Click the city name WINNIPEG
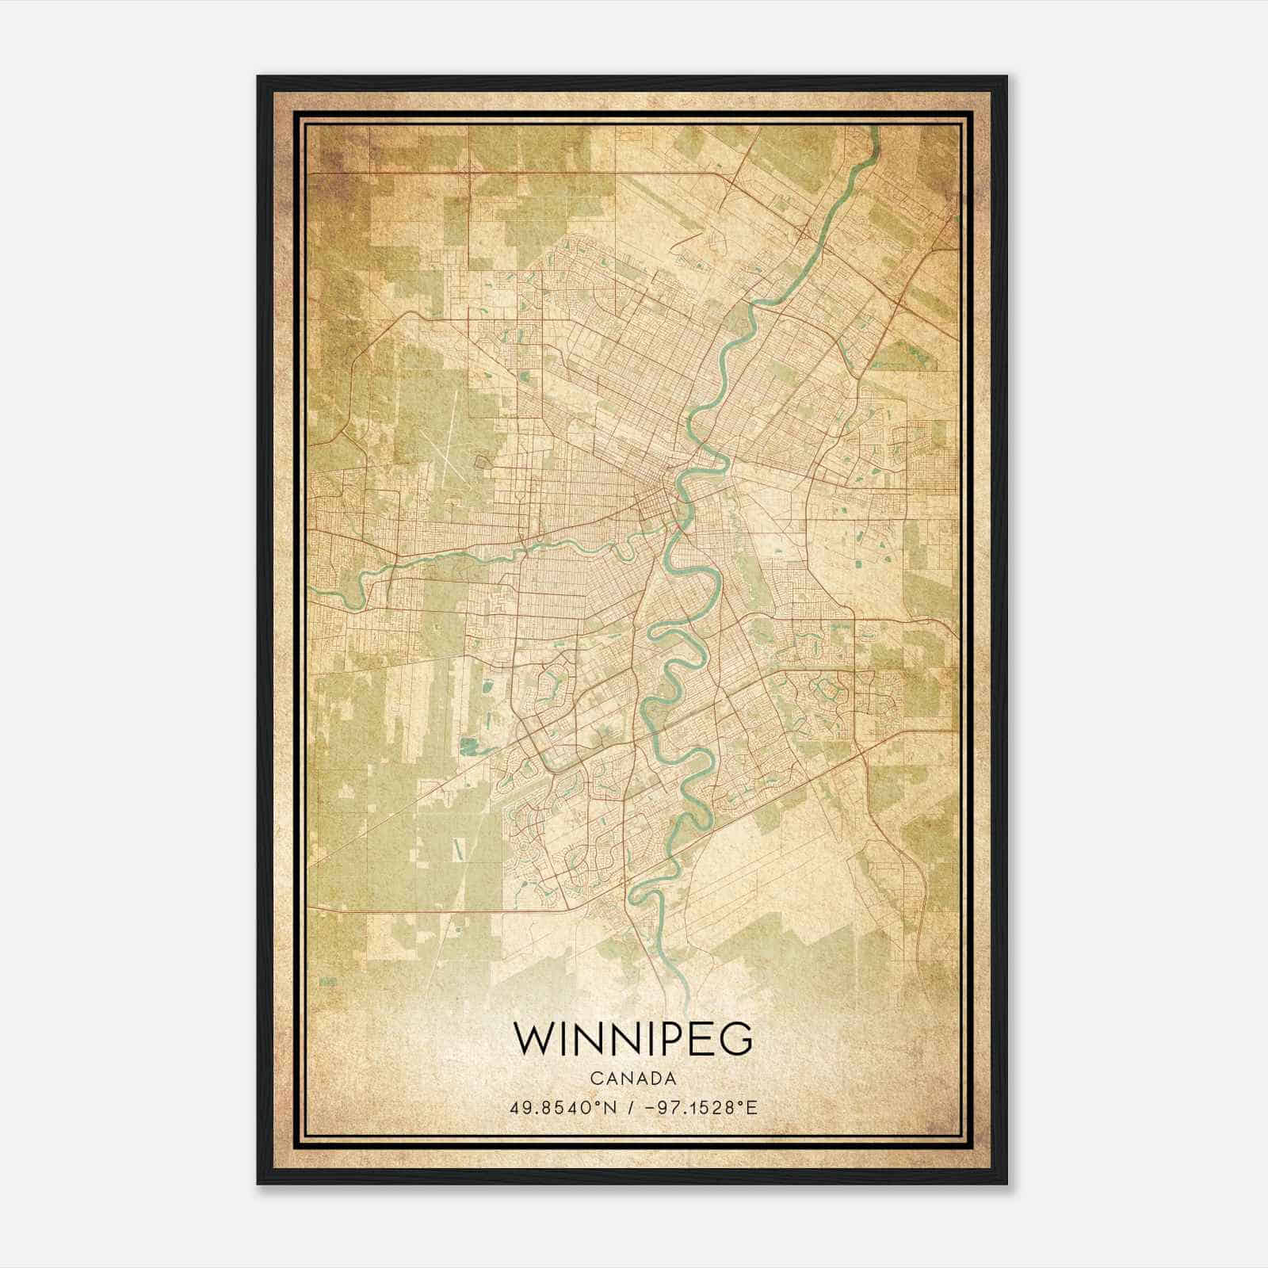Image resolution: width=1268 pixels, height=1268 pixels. point(632,1039)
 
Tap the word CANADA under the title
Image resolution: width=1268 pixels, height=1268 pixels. point(632,1079)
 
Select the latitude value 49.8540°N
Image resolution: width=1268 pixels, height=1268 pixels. point(563,1106)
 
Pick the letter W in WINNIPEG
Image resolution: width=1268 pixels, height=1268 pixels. point(533,1039)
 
